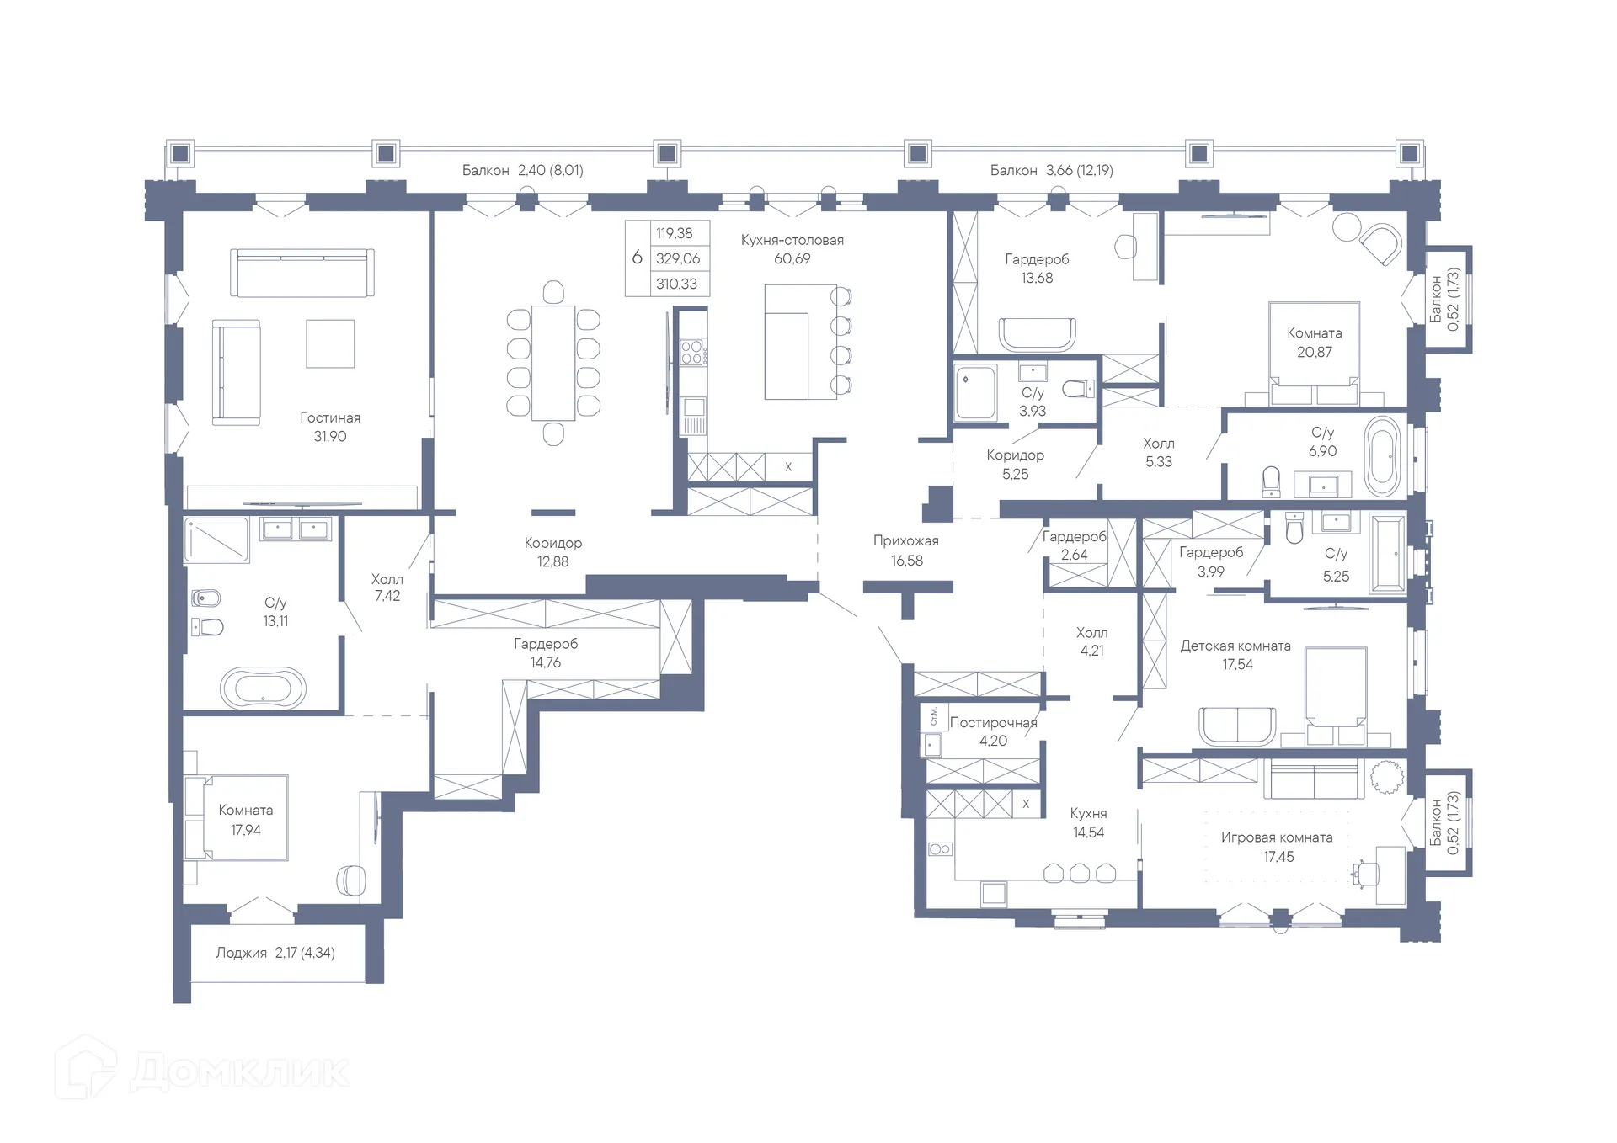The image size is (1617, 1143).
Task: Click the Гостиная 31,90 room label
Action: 330,427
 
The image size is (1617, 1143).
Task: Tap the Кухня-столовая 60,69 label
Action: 792,249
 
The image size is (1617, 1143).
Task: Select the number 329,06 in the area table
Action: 677,258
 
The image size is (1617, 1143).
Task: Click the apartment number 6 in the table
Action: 638,258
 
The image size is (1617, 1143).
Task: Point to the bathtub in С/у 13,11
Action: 263,688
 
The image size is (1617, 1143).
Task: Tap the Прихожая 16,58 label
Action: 906,550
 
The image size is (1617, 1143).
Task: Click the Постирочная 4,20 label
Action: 993,731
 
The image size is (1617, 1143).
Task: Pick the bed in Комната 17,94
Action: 237,818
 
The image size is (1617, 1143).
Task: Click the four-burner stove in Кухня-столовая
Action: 691,351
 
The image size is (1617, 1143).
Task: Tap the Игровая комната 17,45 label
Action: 1277,847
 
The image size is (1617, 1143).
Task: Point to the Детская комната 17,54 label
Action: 1235,655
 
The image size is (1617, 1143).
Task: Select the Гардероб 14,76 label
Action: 546,652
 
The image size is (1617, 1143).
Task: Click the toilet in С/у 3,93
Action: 1077,389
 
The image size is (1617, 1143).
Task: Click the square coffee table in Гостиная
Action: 330,343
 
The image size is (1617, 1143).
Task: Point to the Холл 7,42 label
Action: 387,587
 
